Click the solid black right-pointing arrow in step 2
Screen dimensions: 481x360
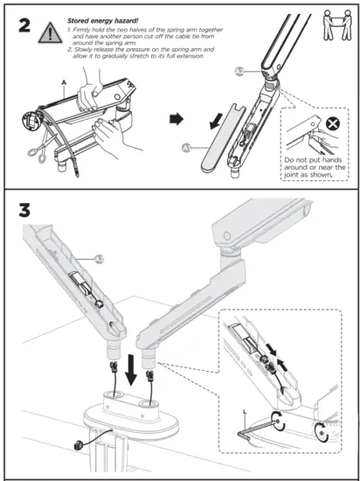click(175, 116)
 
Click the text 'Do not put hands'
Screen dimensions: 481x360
click(312, 160)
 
